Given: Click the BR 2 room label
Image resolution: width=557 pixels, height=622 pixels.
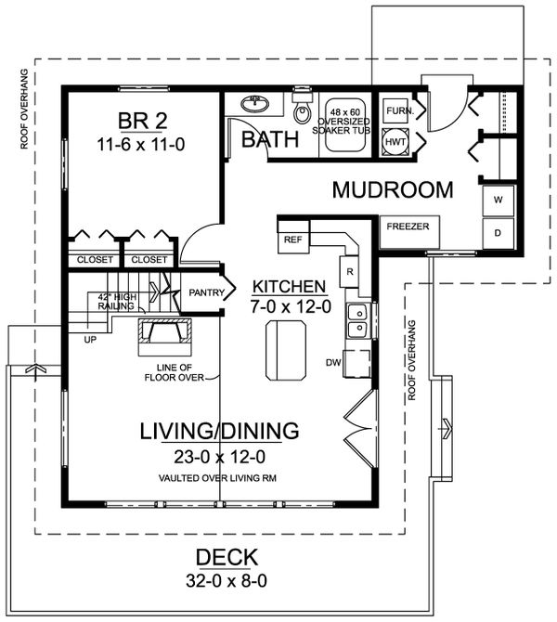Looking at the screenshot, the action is click(x=143, y=121).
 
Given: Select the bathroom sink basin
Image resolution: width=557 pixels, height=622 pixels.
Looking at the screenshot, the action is click(x=254, y=104).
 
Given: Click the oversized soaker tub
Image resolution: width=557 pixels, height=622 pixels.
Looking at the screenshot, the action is click(x=344, y=124).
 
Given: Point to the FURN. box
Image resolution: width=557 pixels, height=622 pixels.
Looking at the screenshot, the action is click(x=395, y=111).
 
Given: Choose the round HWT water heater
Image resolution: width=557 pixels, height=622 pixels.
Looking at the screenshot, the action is click(x=395, y=142).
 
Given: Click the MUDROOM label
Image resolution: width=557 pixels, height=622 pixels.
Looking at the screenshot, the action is click(x=393, y=189).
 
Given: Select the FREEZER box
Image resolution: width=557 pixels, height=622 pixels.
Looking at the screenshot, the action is click(x=409, y=231).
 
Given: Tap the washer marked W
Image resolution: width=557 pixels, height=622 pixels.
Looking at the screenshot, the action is click(x=498, y=201).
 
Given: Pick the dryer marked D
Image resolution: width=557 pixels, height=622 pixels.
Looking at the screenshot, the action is click(x=498, y=233).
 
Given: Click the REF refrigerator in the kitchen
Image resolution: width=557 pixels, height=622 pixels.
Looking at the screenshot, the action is click(x=293, y=237).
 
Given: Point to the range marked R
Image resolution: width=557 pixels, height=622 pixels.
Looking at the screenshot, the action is click(x=349, y=272).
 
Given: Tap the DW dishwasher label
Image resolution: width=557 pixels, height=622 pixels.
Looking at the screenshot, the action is click(x=333, y=362).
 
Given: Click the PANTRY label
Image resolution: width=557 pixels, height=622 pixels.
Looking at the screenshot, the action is click(x=206, y=292).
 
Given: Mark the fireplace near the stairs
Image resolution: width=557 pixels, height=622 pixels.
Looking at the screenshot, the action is click(x=164, y=336).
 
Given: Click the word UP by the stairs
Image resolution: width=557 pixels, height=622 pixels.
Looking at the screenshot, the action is click(x=90, y=340).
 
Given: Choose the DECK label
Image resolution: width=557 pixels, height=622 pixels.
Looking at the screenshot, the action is click(x=227, y=557).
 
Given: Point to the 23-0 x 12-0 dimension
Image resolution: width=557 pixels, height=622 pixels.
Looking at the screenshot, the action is click(x=219, y=457).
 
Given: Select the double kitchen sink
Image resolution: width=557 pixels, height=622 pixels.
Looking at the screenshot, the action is click(x=358, y=320).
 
